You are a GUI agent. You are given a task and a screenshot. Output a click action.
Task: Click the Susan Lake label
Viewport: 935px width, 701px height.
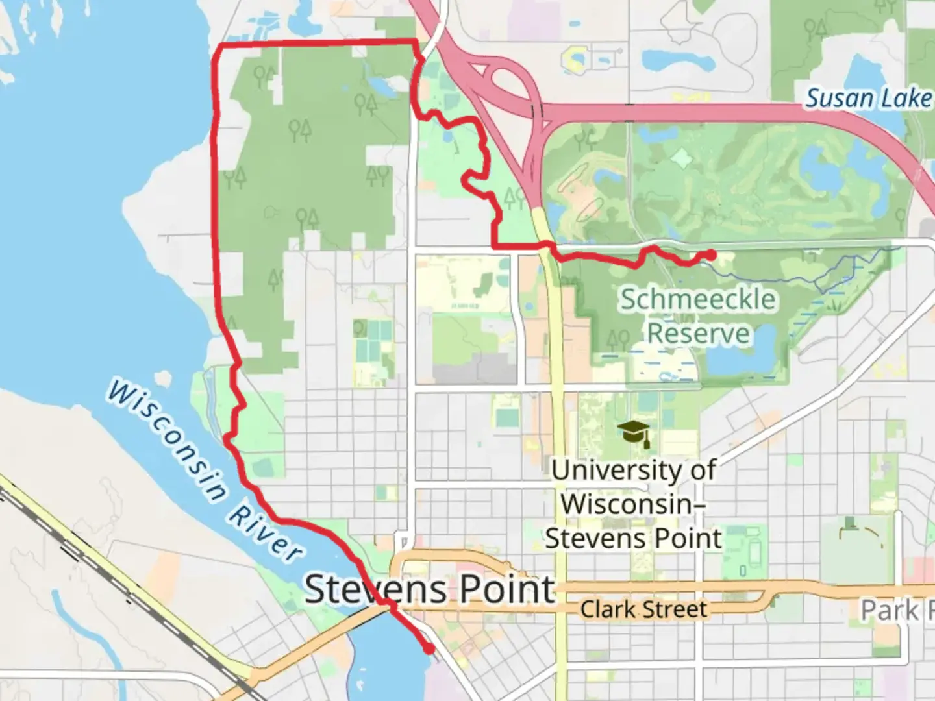[x=868, y=99]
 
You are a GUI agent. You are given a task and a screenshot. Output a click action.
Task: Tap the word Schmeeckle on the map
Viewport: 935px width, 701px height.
[x=697, y=299]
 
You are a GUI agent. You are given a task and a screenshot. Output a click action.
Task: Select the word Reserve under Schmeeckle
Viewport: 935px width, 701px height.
[x=699, y=334]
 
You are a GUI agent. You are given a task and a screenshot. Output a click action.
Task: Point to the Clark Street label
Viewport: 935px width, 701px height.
[x=643, y=609]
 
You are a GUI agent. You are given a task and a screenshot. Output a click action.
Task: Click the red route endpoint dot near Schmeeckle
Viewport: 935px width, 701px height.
[x=711, y=255]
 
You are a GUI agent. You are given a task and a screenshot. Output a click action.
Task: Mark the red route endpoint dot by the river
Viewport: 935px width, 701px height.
[x=429, y=648]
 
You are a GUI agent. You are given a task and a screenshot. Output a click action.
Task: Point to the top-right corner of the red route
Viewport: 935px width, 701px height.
[x=416, y=42]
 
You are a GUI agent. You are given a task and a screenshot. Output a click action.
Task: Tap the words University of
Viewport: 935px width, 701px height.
[x=634, y=470]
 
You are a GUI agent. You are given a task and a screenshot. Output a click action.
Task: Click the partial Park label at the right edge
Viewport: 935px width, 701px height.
[x=897, y=610]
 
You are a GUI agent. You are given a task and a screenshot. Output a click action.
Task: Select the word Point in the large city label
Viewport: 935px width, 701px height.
[x=506, y=589]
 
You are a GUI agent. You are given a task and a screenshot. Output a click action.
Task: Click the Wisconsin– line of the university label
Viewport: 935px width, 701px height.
[x=632, y=504]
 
